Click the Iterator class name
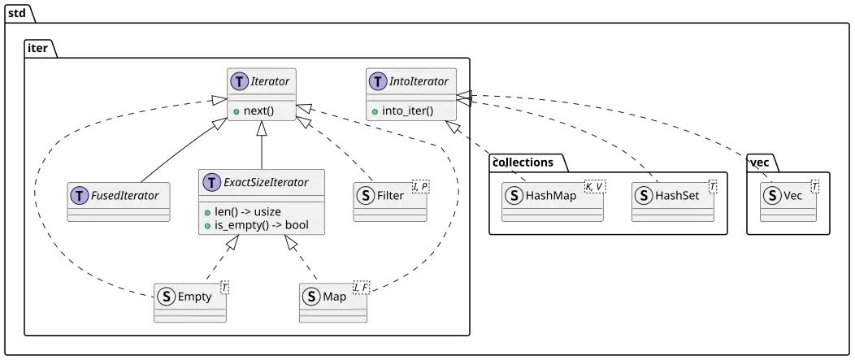pos(271,81)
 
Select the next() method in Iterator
pos(259,110)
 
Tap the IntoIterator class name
pos(419,81)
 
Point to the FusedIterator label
pos(124,196)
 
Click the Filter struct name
pos(393,196)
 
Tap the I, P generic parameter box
pos(419,187)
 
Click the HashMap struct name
pos(552,196)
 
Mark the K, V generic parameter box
pos(593,187)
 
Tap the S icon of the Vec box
pos(773,196)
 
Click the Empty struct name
pos(194,297)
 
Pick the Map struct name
pos(334,297)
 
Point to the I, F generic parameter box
pos(361,288)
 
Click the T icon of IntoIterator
pos(377,81)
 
